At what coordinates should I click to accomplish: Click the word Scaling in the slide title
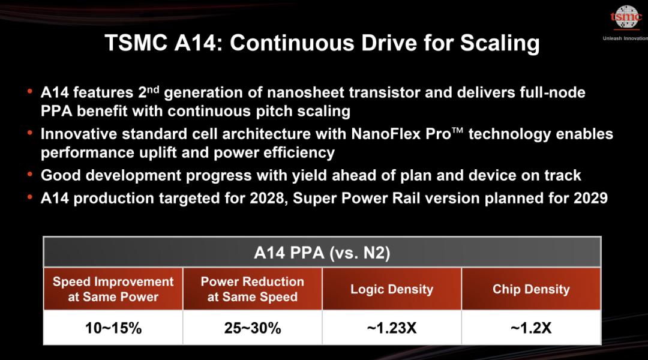click(500, 43)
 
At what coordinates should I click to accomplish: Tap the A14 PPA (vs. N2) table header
click(322, 252)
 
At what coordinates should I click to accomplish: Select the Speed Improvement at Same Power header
click(113, 289)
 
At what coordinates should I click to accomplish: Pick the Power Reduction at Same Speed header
click(253, 289)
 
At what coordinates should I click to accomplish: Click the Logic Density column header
click(392, 289)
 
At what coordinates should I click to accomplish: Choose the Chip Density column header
click(531, 289)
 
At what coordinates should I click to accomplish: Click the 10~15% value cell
click(113, 328)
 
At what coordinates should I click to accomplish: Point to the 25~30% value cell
click(253, 328)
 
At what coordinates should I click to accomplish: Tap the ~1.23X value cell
click(392, 328)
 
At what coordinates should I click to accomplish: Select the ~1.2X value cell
click(531, 328)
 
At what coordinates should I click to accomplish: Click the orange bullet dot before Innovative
click(30, 133)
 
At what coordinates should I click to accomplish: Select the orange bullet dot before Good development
click(30, 174)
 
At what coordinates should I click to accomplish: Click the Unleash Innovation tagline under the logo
click(625, 38)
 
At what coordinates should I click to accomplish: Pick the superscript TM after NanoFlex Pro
click(457, 130)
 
